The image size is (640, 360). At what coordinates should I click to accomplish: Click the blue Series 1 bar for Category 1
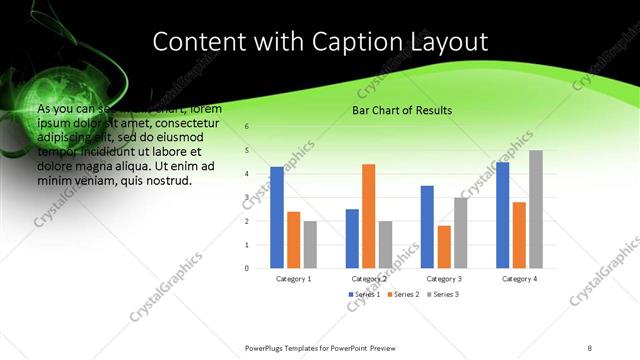click(x=277, y=217)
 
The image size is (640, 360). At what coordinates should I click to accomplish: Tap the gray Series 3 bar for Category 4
click(x=536, y=209)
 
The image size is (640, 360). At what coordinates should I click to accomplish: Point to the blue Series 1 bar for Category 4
click(x=502, y=215)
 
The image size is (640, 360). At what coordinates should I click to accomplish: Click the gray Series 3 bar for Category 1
click(x=310, y=244)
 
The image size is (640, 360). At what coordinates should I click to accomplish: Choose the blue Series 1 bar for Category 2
click(x=352, y=238)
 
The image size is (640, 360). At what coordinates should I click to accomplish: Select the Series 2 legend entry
click(x=402, y=296)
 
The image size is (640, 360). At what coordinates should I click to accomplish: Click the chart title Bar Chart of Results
click(x=402, y=110)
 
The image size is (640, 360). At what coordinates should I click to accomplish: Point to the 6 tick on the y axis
click(x=247, y=127)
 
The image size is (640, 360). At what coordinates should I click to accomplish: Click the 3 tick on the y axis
click(x=247, y=198)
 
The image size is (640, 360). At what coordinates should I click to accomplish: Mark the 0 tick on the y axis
click(x=247, y=268)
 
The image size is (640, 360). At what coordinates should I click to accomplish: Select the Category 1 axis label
click(x=293, y=279)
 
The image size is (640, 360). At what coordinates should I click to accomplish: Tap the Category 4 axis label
click(x=519, y=279)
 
